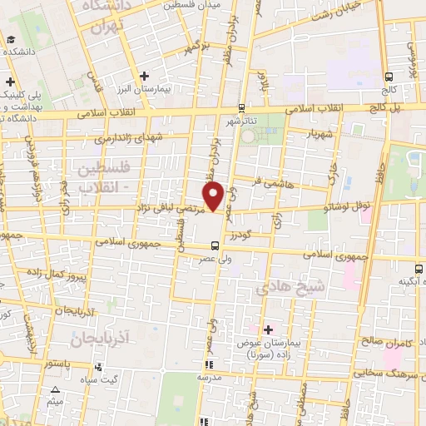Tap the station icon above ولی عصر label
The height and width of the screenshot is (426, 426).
click(215, 245)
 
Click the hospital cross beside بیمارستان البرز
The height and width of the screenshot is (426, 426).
click(145, 76)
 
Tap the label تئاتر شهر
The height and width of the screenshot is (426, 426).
click(237, 120)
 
